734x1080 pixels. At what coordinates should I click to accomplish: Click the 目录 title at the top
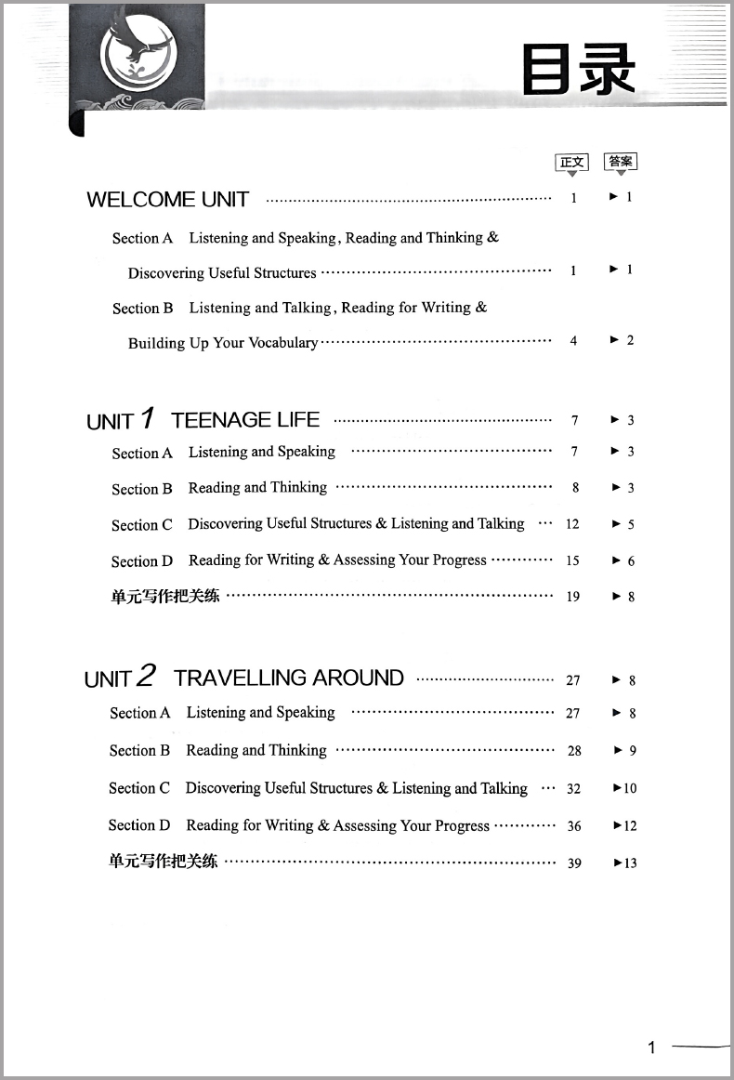click(x=578, y=71)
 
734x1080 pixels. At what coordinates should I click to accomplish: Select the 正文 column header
click(x=571, y=163)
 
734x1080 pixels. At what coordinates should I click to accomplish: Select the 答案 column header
click(x=621, y=162)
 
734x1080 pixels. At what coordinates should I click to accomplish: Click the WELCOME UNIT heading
click(x=167, y=199)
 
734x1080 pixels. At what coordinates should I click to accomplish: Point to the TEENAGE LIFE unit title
click(x=245, y=420)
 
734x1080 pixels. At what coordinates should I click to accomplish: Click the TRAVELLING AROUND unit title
click(x=289, y=678)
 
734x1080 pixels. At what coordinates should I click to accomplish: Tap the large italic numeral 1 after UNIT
click(x=147, y=419)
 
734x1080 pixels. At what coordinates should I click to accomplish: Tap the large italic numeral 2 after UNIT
click(x=147, y=677)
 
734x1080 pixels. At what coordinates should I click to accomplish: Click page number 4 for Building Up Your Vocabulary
click(x=573, y=341)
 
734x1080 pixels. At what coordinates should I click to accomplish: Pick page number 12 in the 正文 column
click(x=572, y=524)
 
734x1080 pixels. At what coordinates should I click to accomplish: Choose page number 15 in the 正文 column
click(x=572, y=560)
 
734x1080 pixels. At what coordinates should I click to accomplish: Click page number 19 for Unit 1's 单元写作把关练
click(x=573, y=597)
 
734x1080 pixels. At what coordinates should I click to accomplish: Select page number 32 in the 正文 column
click(x=573, y=788)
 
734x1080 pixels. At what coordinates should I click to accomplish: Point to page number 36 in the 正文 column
click(x=574, y=825)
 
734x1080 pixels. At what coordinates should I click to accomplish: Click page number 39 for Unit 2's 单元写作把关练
click(x=574, y=863)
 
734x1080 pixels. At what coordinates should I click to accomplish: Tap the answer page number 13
click(x=630, y=863)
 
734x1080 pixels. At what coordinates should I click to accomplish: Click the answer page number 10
click(x=630, y=788)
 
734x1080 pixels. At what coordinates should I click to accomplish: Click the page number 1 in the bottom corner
click(x=651, y=1047)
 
